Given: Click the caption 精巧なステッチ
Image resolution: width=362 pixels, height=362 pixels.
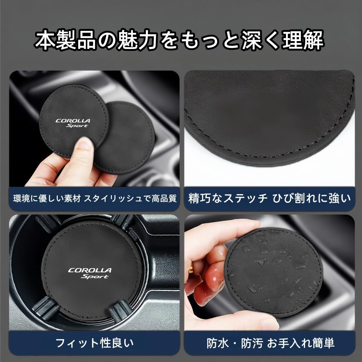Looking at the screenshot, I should click(x=228, y=198).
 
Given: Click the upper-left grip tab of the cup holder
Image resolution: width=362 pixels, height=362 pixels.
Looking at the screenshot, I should click(x=47, y=223).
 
